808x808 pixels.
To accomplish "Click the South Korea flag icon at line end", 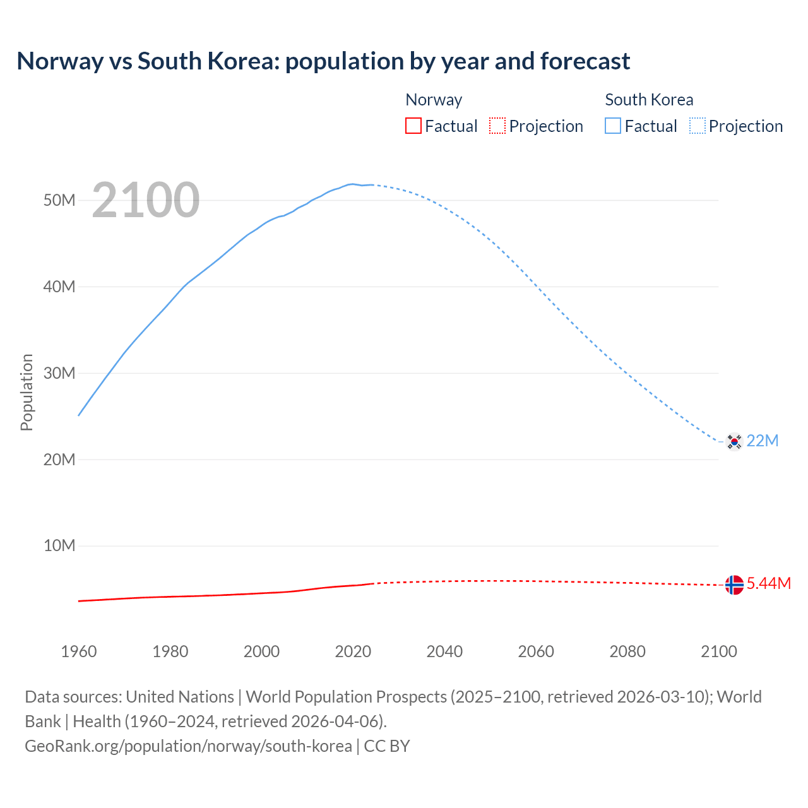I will (734, 441).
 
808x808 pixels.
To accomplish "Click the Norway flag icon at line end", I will (734, 585).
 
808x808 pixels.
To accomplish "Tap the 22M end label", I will (763, 441).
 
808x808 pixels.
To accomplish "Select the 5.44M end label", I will (769, 584).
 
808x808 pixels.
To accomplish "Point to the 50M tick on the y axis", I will (59, 201).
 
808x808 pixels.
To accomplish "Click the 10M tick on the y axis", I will (59, 546).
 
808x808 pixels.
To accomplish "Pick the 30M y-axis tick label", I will (59, 373).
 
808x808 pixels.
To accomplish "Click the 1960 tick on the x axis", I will (79, 651).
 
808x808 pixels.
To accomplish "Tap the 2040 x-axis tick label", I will (444, 651).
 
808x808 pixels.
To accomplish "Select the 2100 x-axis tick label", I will (718, 651).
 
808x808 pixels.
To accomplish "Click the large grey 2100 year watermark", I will (146, 201).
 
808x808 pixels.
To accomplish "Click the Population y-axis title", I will (27, 392).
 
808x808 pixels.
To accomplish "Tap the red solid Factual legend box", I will (413, 126).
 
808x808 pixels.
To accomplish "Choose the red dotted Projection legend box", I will (497, 126).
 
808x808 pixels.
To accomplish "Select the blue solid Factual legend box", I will (613, 126).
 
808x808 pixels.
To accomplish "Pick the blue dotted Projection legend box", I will (697, 126).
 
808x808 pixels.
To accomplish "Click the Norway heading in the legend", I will (434, 100).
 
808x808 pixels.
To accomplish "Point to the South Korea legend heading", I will (649, 100).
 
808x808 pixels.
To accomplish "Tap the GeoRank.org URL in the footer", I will (188, 746).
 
